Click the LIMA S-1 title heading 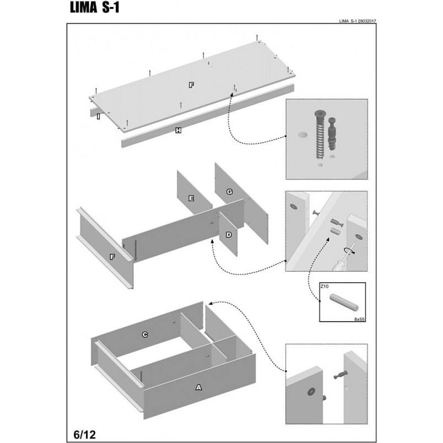pyautogui.click(x=95, y=8)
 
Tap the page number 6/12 pyautogui.click(x=84, y=434)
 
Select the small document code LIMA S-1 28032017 pyautogui.click(x=358, y=21)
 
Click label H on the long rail pyautogui.click(x=179, y=130)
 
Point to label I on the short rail pyautogui.click(x=98, y=116)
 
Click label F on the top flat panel pyautogui.click(x=191, y=85)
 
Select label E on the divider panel pyautogui.click(x=191, y=198)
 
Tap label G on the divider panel pyautogui.click(x=229, y=192)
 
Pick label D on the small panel pyautogui.click(x=229, y=235)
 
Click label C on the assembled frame pyautogui.click(x=145, y=334)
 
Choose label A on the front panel pyautogui.click(x=199, y=387)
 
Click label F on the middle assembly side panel pyautogui.click(x=112, y=257)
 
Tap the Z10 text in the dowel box pyautogui.click(x=325, y=286)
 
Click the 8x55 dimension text pyautogui.click(x=359, y=319)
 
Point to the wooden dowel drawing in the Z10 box pyautogui.click(x=344, y=302)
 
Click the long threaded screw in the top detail pyautogui.click(x=320, y=134)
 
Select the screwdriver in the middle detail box pyautogui.click(x=342, y=260)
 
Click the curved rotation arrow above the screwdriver pyautogui.click(x=349, y=251)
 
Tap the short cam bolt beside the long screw pyautogui.click(x=332, y=133)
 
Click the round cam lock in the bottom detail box pyautogui.click(x=311, y=392)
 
